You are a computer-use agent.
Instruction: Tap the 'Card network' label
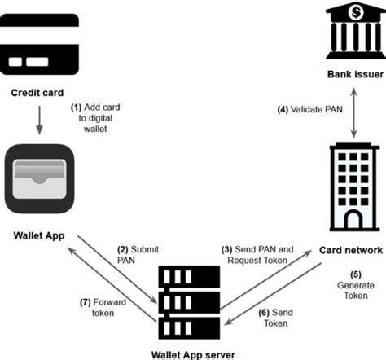[351, 250]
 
